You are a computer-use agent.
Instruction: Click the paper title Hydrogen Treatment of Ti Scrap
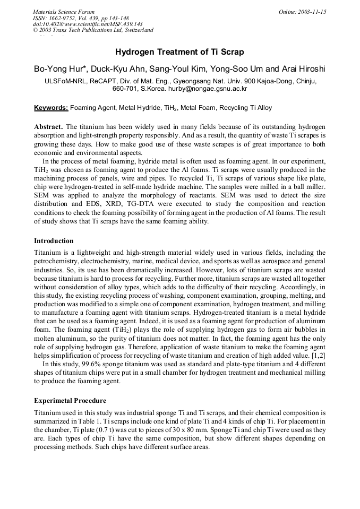[x=179, y=52]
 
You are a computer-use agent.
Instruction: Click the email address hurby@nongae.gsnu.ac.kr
[x=212, y=89]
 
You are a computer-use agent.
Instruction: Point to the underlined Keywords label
[x=51, y=108]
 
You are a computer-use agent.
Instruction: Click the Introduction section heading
[x=54, y=240]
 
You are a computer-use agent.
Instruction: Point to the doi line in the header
[x=88, y=24]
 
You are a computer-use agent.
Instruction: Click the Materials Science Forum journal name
[x=64, y=12]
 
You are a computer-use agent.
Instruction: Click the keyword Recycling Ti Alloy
[x=245, y=108]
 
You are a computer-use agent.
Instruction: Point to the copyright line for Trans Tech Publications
[x=93, y=30]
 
